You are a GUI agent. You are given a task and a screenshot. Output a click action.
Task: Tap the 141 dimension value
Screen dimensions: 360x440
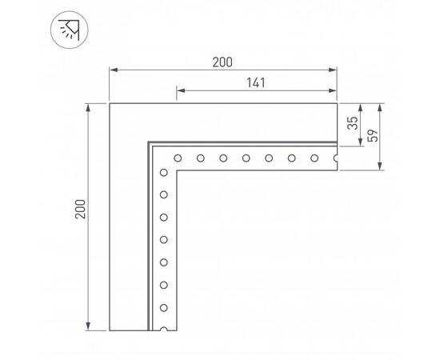[x=256, y=82]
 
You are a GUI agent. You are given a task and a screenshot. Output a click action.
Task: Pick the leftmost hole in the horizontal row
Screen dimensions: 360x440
[x=178, y=158]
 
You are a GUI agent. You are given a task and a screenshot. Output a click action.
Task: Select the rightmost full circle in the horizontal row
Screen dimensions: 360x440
[x=314, y=158]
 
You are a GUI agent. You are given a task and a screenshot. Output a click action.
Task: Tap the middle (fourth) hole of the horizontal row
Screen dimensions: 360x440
[x=246, y=158]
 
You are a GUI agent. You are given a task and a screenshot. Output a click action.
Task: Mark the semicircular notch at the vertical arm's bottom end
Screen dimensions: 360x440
[x=164, y=328]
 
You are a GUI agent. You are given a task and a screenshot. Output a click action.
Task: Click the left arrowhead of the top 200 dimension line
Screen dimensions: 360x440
[x=111, y=70]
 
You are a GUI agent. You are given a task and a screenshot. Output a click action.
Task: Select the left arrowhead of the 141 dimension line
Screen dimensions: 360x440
[x=177, y=90]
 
